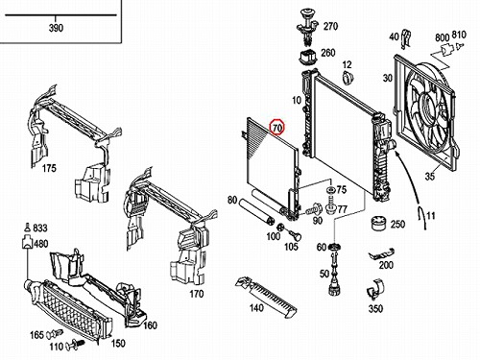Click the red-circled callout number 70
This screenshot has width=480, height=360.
click(277, 128)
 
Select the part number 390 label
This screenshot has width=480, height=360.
click(56, 28)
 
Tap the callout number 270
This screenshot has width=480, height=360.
click(330, 26)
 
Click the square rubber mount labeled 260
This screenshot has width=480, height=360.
click(308, 57)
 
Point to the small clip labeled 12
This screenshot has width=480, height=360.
click(348, 78)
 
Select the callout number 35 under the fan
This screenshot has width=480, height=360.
click(430, 176)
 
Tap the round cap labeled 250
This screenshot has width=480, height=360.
click(378, 223)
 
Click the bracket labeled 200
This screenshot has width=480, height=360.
click(381, 253)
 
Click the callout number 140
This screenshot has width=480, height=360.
click(256, 307)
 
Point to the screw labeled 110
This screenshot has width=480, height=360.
click(76, 345)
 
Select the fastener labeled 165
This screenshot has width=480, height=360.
click(55, 334)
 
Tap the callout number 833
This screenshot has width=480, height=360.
click(40, 228)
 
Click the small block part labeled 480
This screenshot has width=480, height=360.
click(27, 242)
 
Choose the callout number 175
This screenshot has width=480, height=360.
click(49, 168)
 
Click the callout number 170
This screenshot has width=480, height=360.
click(197, 294)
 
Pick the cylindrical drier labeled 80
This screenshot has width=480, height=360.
click(257, 211)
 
